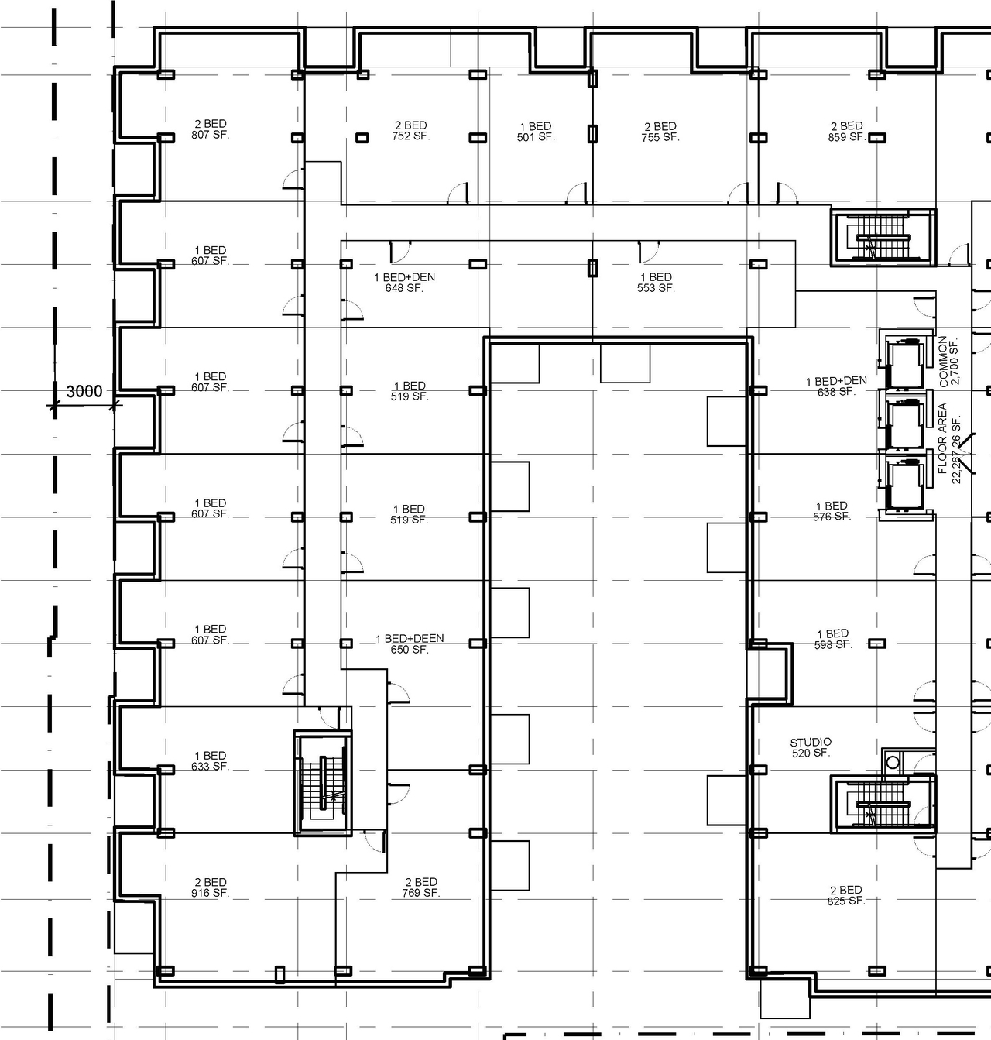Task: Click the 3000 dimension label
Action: click(84, 391)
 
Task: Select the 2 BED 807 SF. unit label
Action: click(211, 129)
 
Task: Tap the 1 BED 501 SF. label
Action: click(536, 132)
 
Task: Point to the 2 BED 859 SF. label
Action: click(846, 131)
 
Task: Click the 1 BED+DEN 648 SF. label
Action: click(404, 283)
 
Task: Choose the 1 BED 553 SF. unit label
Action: click(656, 283)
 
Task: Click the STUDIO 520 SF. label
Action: click(811, 747)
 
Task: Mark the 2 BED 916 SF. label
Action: click(211, 887)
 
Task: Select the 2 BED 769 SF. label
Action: click(421, 887)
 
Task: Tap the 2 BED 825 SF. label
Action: click(845, 895)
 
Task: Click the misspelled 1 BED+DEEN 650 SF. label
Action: click(410, 644)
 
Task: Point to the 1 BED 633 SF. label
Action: click(211, 760)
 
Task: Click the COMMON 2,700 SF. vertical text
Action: click(948, 362)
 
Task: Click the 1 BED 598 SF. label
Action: click(832, 639)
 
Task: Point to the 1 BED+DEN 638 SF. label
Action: click(836, 386)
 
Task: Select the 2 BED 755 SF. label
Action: click(660, 132)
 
